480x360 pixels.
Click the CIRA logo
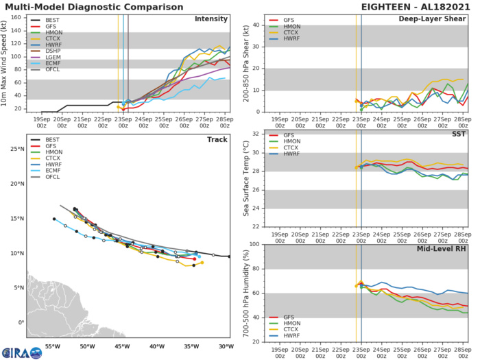21,350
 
